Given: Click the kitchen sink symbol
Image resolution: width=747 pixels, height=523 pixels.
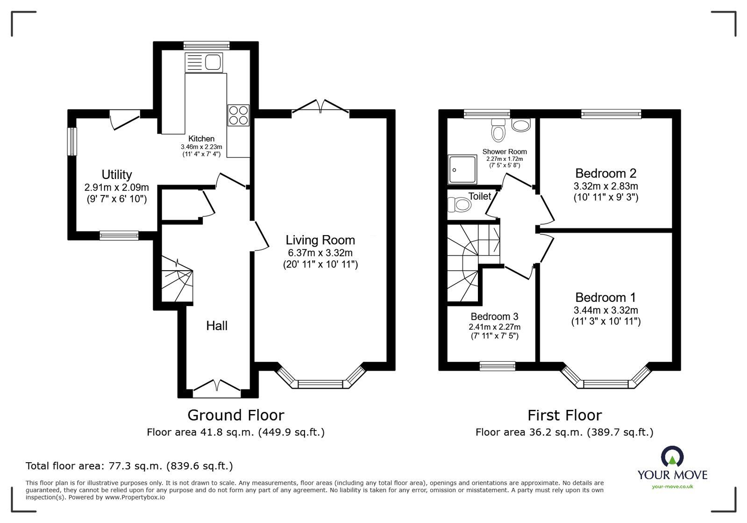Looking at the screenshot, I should (x=204, y=62).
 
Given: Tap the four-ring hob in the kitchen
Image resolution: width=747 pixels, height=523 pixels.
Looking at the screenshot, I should (x=238, y=115).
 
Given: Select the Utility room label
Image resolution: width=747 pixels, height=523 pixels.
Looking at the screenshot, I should (x=117, y=175).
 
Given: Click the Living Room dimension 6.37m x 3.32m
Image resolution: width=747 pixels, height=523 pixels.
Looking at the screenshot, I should (x=320, y=253).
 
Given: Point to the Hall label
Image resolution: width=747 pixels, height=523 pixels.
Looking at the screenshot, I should (x=217, y=326).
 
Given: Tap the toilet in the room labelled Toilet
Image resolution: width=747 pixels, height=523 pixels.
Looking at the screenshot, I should (x=458, y=204).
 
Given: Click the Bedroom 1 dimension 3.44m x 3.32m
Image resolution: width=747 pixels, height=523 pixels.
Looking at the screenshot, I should (x=605, y=310).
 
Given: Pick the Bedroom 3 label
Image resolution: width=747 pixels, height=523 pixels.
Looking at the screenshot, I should (x=494, y=316).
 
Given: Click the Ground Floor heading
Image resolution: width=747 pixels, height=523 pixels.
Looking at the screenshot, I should (x=235, y=415).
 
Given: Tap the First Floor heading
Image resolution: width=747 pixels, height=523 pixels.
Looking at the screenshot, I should (x=564, y=415).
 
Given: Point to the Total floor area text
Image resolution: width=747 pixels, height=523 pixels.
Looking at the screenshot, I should (x=129, y=466).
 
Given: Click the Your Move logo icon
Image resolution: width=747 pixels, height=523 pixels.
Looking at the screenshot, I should (x=672, y=457).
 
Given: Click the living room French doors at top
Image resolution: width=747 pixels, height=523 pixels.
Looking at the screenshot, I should (x=320, y=106).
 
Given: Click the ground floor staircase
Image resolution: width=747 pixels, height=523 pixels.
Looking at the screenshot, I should (x=177, y=280).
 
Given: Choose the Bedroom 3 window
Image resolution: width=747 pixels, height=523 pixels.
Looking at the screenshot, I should (x=497, y=366).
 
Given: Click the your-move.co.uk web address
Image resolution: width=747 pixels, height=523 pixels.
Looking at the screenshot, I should (x=672, y=487).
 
